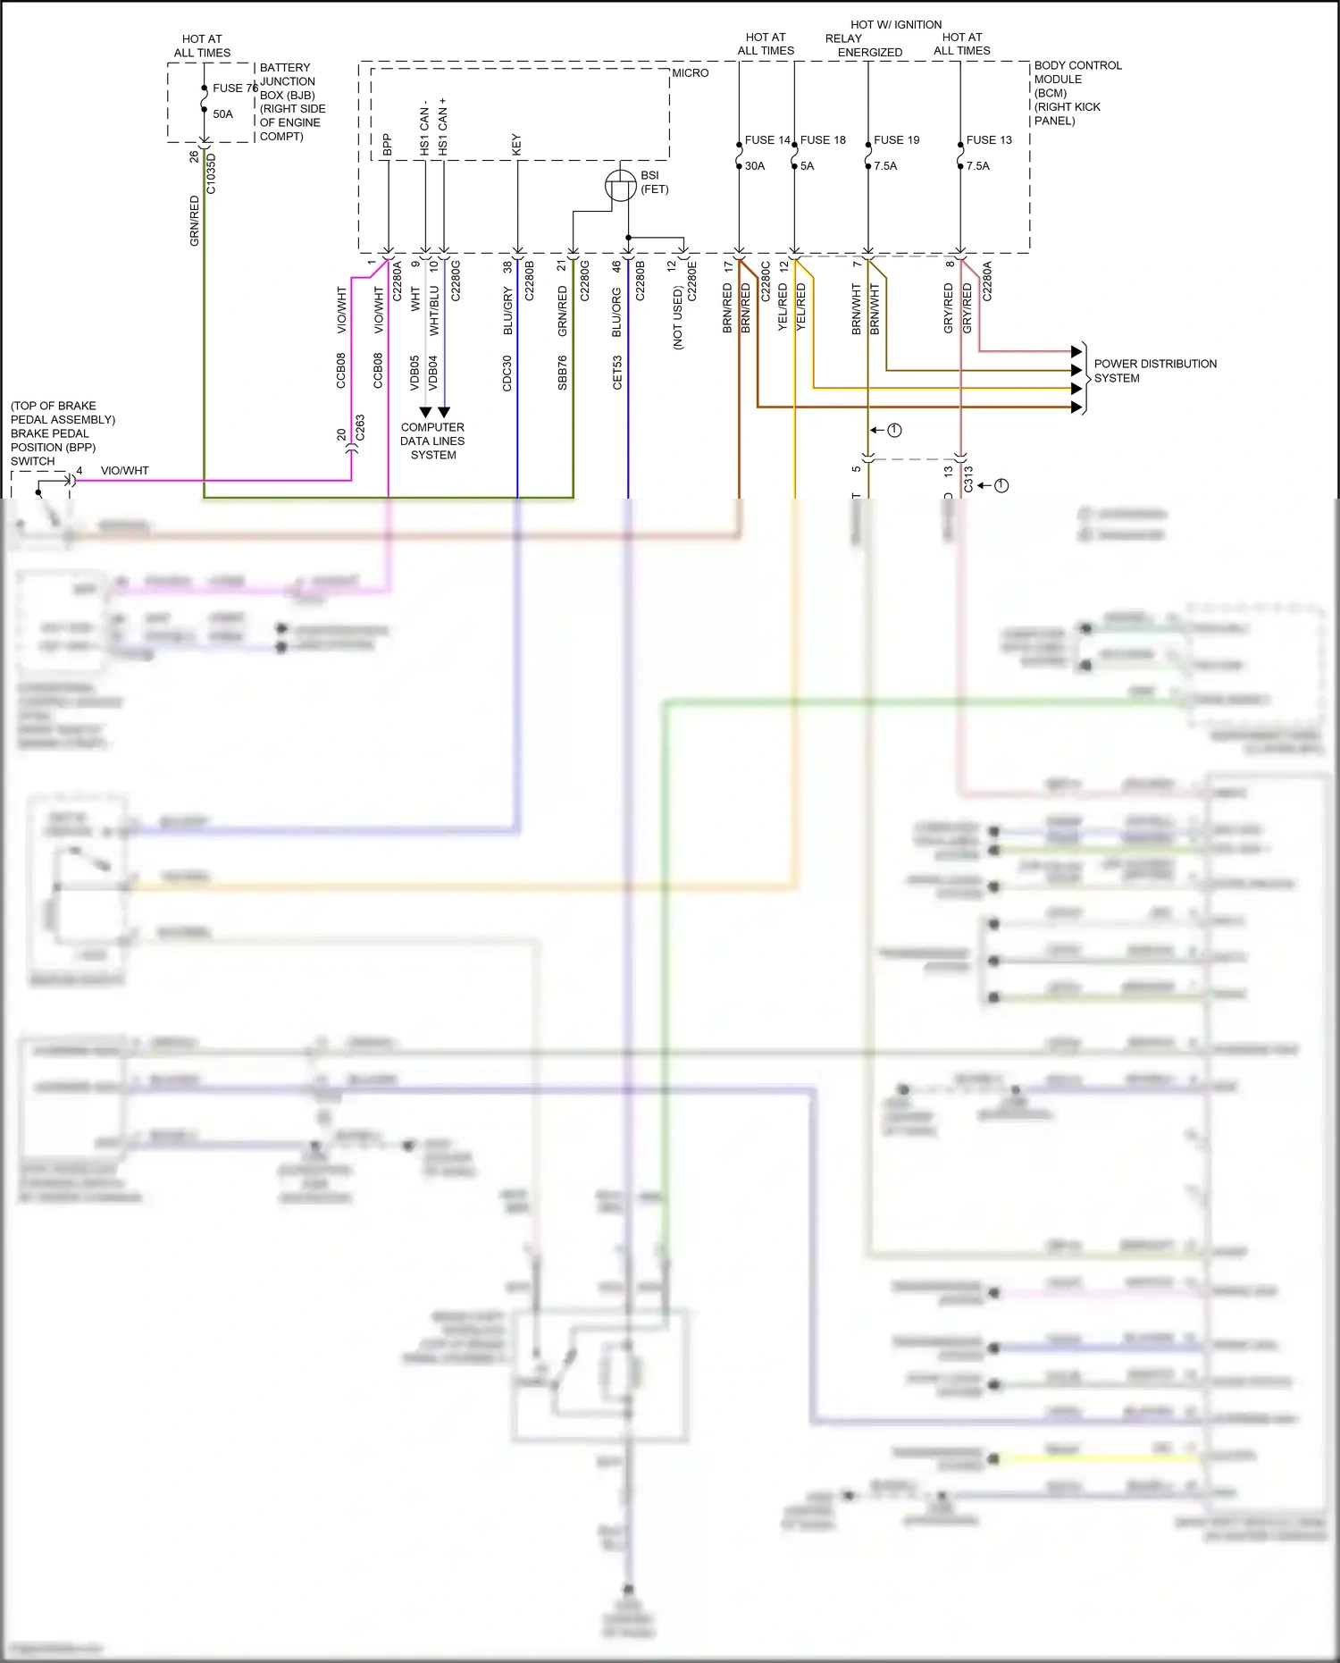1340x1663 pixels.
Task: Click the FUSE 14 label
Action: pos(767,140)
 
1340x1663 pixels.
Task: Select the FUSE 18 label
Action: pos(823,140)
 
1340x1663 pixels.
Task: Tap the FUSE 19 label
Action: pos(896,140)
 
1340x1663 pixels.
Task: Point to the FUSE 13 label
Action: pos(989,140)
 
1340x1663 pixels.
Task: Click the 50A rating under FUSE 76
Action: pos(222,114)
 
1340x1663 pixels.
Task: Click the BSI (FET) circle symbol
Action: pos(621,186)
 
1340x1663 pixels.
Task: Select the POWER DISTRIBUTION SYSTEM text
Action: pos(1154,371)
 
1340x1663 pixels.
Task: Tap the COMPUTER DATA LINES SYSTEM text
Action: pos(432,441)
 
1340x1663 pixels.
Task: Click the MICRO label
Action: pos(691,73)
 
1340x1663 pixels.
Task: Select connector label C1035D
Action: pos(212,173)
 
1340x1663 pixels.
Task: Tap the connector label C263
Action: pos(360,427)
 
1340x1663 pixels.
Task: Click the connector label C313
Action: pos(968,480)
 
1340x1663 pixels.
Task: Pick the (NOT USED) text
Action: pos(677,317)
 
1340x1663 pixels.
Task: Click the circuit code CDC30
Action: pos(507,373)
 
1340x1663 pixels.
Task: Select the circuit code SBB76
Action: pos(562,373)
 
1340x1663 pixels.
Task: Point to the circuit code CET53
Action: pos(617,373)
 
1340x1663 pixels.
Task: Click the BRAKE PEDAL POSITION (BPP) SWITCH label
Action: pos(62,433)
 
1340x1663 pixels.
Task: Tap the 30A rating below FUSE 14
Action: pos(755,166)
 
